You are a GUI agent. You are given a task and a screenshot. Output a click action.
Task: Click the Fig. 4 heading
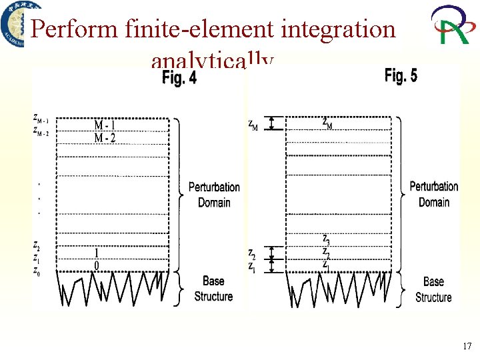pyautogui.click(x=179, y=79)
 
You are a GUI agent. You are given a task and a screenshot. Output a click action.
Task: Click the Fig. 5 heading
pyautogui.click(x=401, y=76)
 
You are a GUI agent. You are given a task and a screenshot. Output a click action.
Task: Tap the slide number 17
pyautogui.click(x=466, y=347)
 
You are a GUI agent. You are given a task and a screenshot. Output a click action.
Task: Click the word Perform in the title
pyautogui.click(x=74, y=29)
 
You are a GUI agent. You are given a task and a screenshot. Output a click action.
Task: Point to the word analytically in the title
pyautogui.click(x=212, y=63)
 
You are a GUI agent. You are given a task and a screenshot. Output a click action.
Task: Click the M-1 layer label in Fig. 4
pyautogui.click(x=107, y=125)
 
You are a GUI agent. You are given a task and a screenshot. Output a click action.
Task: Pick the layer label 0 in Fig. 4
pyautogui.click(x=97, y=266)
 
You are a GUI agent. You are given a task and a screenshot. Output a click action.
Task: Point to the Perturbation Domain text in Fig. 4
pyautogui.click(x=213, y=195)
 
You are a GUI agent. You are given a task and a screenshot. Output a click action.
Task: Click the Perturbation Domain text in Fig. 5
pyautogui.click(x=433, y=194)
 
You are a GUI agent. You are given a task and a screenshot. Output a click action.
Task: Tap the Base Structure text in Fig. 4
pyautogui.click(x=213, y=289)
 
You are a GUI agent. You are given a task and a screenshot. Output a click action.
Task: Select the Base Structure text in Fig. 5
pyautogui.click(x=433, y=289)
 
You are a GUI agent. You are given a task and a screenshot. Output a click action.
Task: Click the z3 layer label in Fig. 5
pyautogui.click(x=325, y=238)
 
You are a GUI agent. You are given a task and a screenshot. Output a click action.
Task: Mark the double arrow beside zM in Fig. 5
pyautogui.click(x=271, y=123)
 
